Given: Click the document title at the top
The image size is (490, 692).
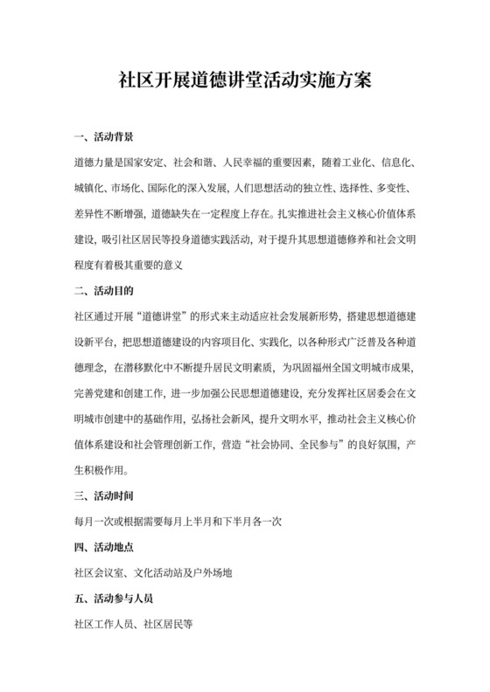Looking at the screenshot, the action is pyautogui.click(x=245, y=81).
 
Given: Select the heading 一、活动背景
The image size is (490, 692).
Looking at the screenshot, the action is pyautogui.click(x=105, y=138).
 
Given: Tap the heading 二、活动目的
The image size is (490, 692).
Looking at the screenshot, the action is pyautogui.click(x=105, y=287).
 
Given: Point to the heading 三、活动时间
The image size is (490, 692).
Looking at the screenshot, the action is pyautogui.click(x=105, y=497).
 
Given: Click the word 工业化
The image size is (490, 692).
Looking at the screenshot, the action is pyautogui.click(x=341, y=163).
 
